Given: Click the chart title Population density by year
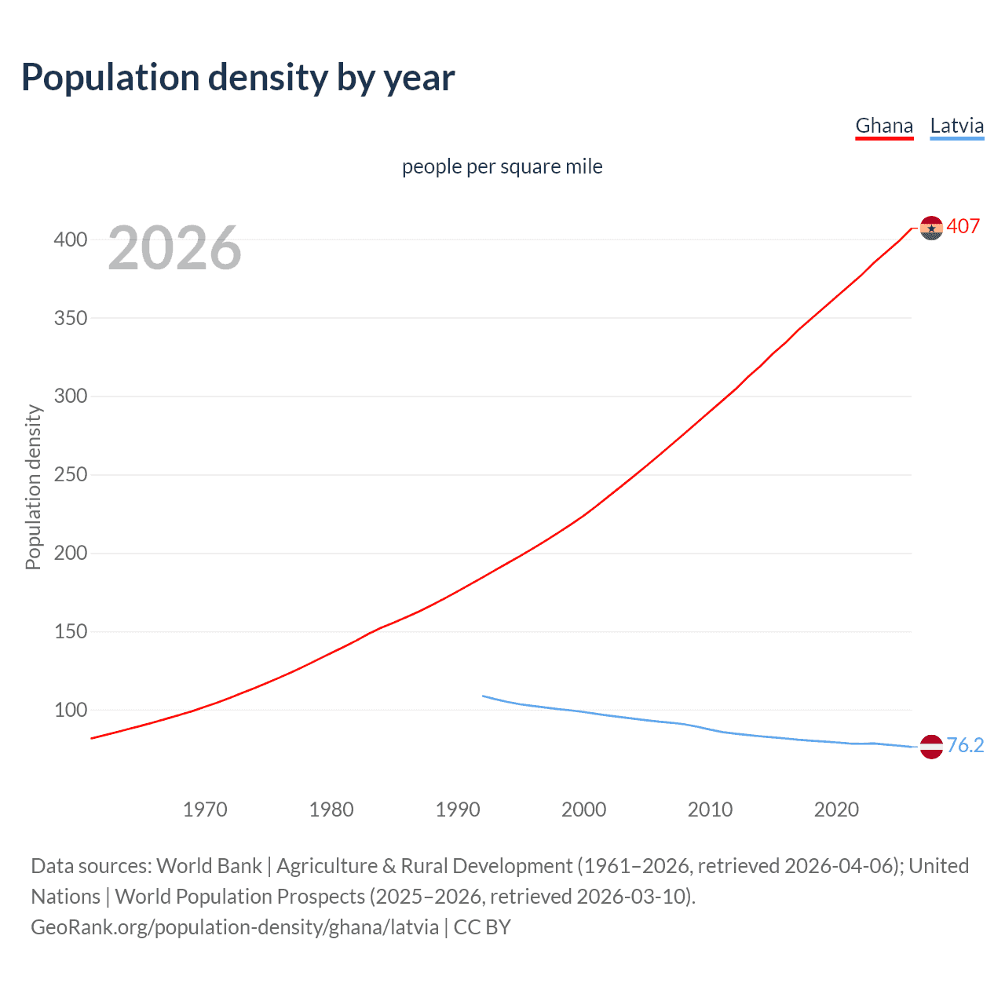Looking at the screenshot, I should [x=238, y=78].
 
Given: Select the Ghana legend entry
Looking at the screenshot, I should [x=884, y=126].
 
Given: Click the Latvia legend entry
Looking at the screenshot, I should [x=956, y=126].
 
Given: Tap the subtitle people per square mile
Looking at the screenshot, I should [x=502, y=166].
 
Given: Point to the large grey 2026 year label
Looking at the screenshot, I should [x=174, y=248].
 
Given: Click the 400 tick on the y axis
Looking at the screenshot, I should [x=71, y=239].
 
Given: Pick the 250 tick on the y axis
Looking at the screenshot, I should [x=71, y=475].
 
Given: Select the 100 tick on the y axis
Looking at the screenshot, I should [x=71, y=711].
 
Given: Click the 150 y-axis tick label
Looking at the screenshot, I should [x=71, y=632].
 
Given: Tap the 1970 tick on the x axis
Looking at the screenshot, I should [x=205, y=809].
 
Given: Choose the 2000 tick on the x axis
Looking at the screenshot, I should [x=583, y=809].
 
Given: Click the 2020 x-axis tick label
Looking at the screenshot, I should [x=836, y=809].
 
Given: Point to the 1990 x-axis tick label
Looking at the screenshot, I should [x=458, y=809].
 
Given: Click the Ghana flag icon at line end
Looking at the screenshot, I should [x=931, y=228].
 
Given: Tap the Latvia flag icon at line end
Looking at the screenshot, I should [x=931, y=747].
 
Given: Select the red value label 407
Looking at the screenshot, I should [x=963, y=226].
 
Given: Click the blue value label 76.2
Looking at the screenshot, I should [x=965, y=745].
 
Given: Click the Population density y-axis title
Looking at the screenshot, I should [x=33, y=487].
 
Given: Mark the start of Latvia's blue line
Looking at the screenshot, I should [x=483, y=696].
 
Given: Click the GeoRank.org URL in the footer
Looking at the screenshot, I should [x=235, y=927].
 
